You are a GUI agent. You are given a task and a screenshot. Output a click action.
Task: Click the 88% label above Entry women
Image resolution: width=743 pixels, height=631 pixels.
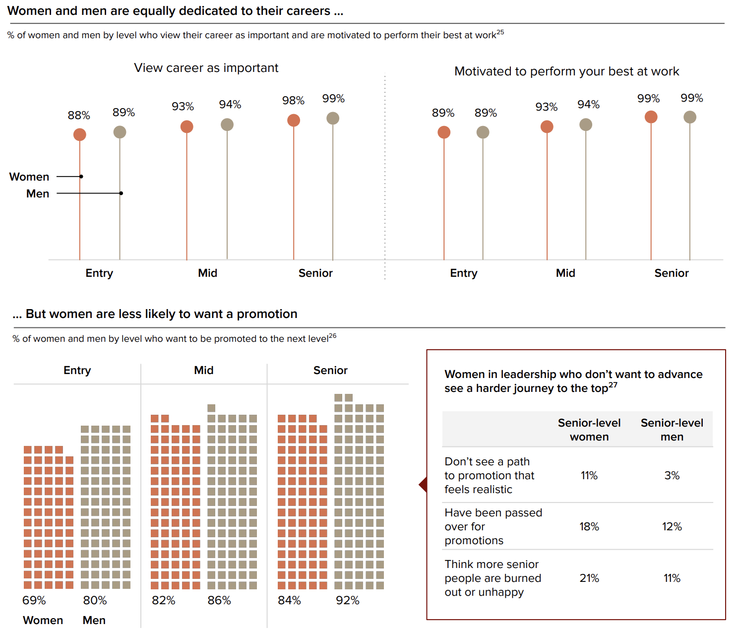(x=79, y=116)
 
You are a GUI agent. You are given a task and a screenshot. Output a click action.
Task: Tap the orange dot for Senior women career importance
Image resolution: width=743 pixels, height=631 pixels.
(x=294, y=121)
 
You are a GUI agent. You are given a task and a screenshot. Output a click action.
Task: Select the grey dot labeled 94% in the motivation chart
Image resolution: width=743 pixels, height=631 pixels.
(x=586, y=125)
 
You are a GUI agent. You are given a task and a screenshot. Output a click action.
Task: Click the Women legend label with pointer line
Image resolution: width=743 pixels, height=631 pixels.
(x=29, y=177)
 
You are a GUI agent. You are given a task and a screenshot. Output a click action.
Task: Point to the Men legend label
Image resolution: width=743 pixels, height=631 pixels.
(x=38, y=194)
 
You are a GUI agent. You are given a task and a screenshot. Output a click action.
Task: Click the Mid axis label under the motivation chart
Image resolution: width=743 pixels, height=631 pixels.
(x=565, y=273)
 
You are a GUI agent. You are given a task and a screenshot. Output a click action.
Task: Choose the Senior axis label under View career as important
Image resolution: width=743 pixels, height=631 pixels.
(x=315, y=273)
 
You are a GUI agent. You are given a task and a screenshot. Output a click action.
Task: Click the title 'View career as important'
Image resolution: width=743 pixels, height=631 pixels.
(x=206, y=68)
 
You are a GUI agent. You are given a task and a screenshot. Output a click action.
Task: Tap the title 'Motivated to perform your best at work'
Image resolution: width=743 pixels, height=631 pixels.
(x=566, y=71)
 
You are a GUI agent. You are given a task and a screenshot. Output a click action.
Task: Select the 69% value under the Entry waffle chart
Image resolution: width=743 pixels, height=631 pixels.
(x=34, y=601)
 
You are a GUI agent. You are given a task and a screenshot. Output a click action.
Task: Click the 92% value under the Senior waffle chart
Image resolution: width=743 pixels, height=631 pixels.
(x=347, y=601)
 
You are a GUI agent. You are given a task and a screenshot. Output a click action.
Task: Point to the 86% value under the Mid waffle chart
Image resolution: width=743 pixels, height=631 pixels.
(x=219, y=601)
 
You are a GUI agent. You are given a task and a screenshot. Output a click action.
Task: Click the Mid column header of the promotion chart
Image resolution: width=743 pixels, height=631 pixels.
(x=204, y=371)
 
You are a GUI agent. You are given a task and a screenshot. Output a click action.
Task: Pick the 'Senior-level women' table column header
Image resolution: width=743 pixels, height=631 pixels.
(x=589, y=430)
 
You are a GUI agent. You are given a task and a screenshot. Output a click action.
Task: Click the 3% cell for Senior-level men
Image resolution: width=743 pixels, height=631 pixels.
(x=672, y=476)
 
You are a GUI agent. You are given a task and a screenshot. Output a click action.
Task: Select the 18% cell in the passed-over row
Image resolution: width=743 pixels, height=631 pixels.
(x=589, y=527)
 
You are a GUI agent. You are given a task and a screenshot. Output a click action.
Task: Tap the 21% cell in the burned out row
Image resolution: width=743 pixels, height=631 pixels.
(x=589, y=578)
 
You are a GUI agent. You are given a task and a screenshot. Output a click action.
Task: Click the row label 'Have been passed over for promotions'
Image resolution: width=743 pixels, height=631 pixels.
(x=493, y=527)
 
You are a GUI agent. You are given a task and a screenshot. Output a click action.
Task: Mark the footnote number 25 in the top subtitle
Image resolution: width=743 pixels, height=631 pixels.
(x=500, y=32)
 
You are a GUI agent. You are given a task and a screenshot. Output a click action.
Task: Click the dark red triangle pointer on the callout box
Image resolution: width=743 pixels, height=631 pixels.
(x=424, y=485)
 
